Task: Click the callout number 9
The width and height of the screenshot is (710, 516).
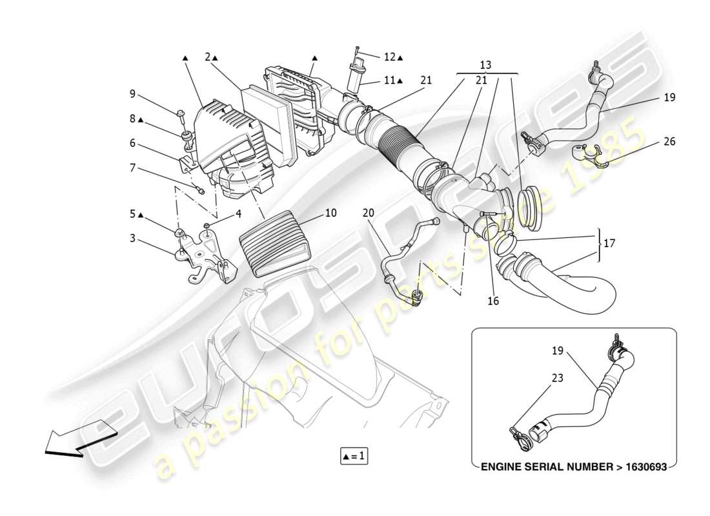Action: click(132, 94)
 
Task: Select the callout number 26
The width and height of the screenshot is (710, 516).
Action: click(669, 141)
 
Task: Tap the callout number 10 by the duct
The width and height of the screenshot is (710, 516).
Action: click(330, 212)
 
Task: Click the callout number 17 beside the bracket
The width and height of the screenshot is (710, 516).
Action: click(609, 244)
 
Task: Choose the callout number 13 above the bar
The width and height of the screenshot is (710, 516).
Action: click(485, 65)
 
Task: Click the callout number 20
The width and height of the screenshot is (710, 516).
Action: click(368, 213)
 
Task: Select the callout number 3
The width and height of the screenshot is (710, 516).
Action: click(132, 239)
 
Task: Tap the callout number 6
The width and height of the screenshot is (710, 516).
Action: click(132, 143)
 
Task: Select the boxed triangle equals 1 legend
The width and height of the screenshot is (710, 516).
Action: click(354, 456)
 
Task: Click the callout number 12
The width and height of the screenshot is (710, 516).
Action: click(389, 57)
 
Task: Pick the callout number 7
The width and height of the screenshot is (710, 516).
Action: click(132, 168)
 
